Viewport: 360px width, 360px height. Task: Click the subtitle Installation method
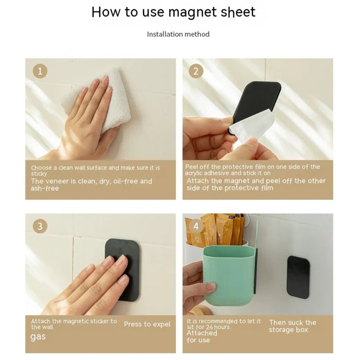point(178,34)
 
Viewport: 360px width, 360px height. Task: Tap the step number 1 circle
point(40,71)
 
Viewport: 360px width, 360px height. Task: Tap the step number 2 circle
point(196,71)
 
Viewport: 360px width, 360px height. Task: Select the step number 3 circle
point(40,226)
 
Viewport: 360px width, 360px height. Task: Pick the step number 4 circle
point(196,226)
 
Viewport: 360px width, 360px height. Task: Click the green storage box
point(229,276)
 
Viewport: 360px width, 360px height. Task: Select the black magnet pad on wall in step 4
point(298,277)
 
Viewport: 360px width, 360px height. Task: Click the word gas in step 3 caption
point(38,337)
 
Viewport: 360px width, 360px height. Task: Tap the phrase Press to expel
point(147,324)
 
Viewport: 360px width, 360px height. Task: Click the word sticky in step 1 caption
point(39,174)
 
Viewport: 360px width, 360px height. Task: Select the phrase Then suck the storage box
point(293,326)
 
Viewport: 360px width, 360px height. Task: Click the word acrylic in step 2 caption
point(194,173)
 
